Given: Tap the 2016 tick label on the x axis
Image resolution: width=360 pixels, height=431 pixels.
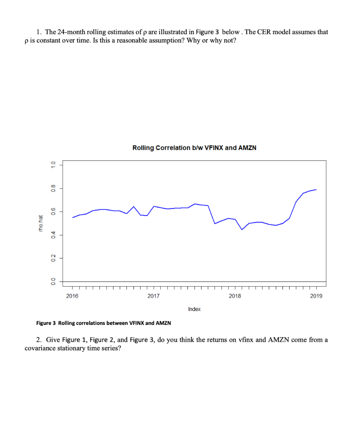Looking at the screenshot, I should coord(72,296).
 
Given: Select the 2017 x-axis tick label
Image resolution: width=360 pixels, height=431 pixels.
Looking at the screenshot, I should coord(154,296).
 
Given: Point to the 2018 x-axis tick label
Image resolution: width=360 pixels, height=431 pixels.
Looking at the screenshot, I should coord(235,296).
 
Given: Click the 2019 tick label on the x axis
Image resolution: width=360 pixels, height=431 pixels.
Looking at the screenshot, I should coord(316,296).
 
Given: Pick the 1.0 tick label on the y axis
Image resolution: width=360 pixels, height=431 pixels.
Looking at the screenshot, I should coord(53,165).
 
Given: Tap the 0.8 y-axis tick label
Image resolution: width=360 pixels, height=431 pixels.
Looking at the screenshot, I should coord(53,188).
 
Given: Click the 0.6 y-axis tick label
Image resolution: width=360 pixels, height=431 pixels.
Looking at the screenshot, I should coord(53,211).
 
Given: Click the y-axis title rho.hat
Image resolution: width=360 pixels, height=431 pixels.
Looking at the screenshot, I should coord(41,223).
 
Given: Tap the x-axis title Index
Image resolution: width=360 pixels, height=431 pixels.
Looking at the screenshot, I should coord(194,309).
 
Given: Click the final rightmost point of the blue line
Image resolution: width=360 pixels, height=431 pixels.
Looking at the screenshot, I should coord(316,190).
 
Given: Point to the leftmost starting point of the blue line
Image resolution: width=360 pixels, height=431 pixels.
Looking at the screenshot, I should coord(72,218).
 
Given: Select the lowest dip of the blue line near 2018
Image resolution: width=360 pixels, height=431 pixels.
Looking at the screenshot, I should coord(242,229).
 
